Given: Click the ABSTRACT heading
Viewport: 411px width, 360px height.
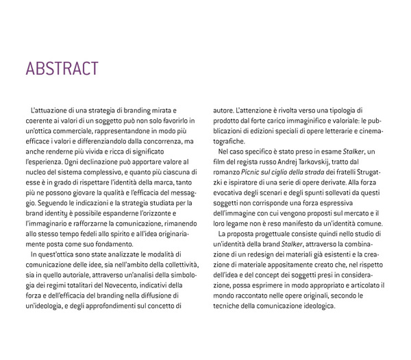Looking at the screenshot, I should (x=62, y=69).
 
